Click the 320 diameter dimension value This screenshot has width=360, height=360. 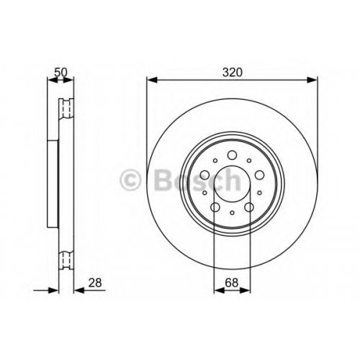[233, 72]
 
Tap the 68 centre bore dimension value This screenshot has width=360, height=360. [232, 282]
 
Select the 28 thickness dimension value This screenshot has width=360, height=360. [95, 283]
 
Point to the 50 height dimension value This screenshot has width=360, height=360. [61, 72]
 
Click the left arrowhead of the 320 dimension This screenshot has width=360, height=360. [152, 80]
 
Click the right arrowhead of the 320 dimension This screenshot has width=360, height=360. [312, 80]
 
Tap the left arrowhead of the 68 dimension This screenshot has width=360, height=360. [219, 290]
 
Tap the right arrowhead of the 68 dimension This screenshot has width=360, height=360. [245, 290]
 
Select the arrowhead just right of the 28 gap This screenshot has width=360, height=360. [79, 290]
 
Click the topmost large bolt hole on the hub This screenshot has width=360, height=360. [232, 155]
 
